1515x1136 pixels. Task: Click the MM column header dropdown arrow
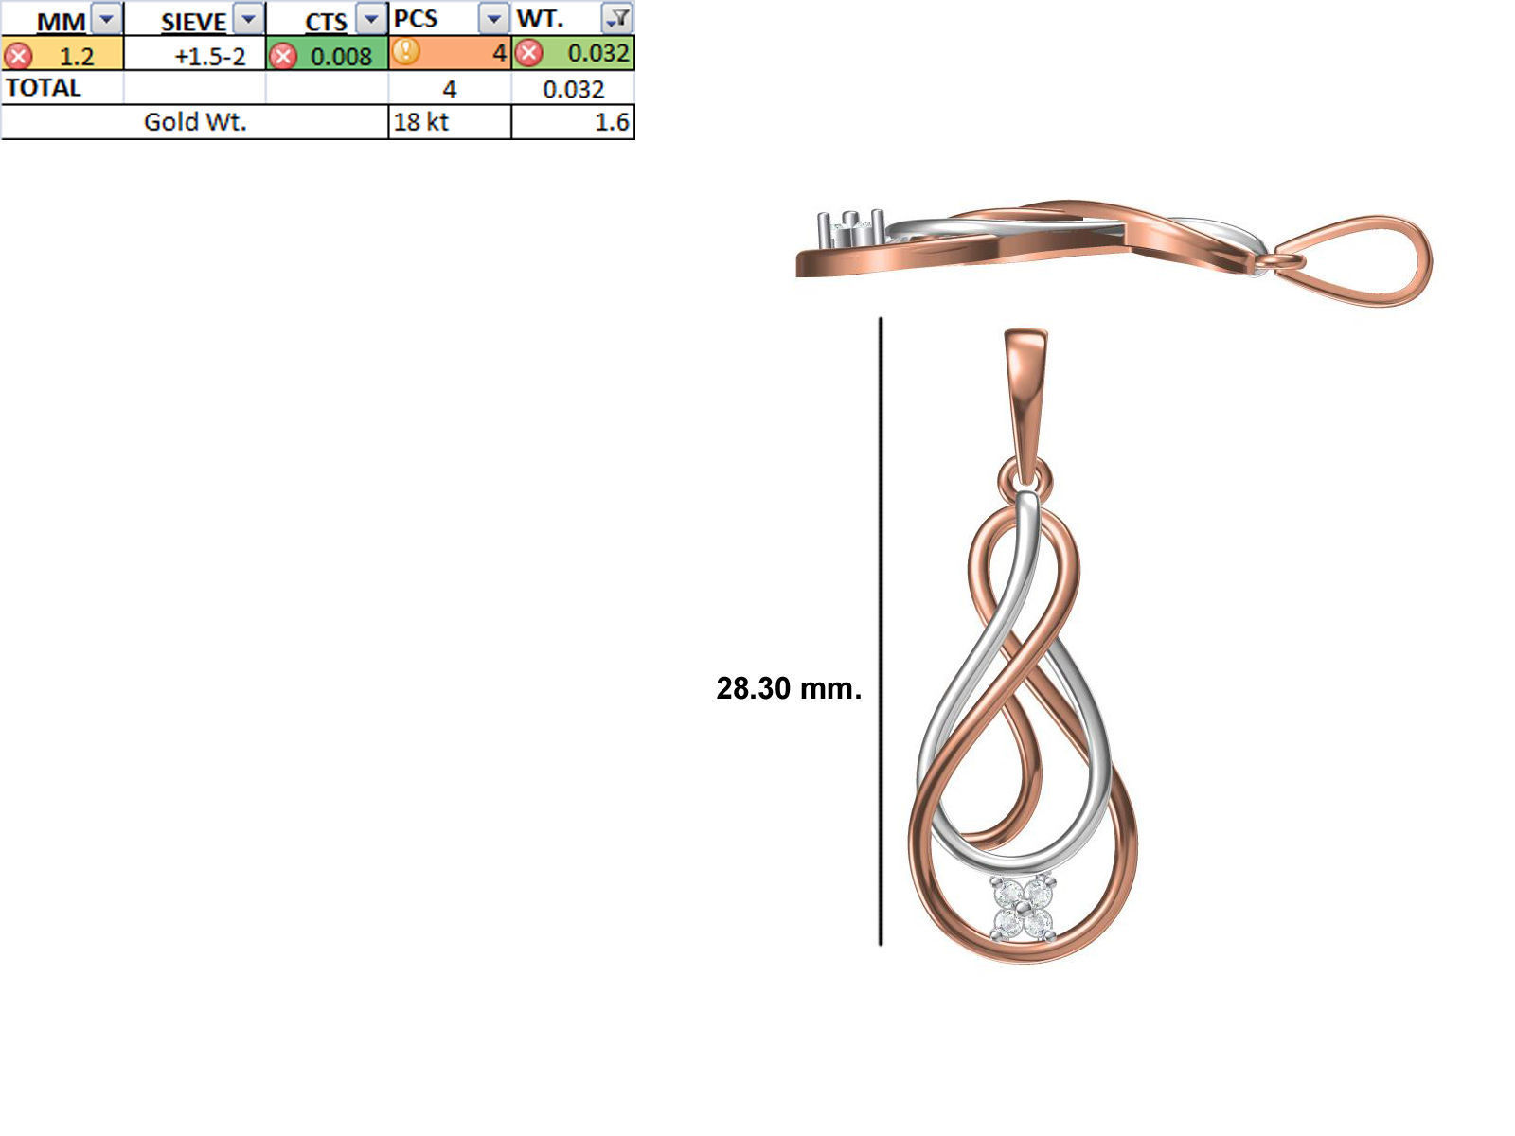(x=107, y=19)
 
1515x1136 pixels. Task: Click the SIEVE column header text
(x=193, y=22)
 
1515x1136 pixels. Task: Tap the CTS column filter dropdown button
(x=371, y=19)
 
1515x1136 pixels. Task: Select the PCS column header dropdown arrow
(x=493, y=19)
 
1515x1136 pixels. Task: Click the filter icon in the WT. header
(x=616, y=18)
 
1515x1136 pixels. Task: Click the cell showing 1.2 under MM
(x=76, y=56)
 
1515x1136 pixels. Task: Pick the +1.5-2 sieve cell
(x=209, y=56)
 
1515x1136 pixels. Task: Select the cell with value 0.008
(x=340, y=56)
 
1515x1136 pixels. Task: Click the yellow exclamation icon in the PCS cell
(x=405, y=51)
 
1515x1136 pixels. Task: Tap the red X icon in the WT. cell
(x=529, y=53)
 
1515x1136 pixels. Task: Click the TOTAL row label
(x=44, y=88)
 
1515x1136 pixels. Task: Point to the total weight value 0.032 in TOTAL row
(x=573, y=89)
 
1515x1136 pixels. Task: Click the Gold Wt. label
(x=195, y=122)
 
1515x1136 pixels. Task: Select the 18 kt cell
(x=421, y=122)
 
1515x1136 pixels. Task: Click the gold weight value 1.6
(x=612, y=122)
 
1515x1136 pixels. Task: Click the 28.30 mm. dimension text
(x=788, y=688)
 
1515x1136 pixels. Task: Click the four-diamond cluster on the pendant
(x=1023, y=907)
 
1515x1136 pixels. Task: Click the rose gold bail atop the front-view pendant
(x=1025, y=398)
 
